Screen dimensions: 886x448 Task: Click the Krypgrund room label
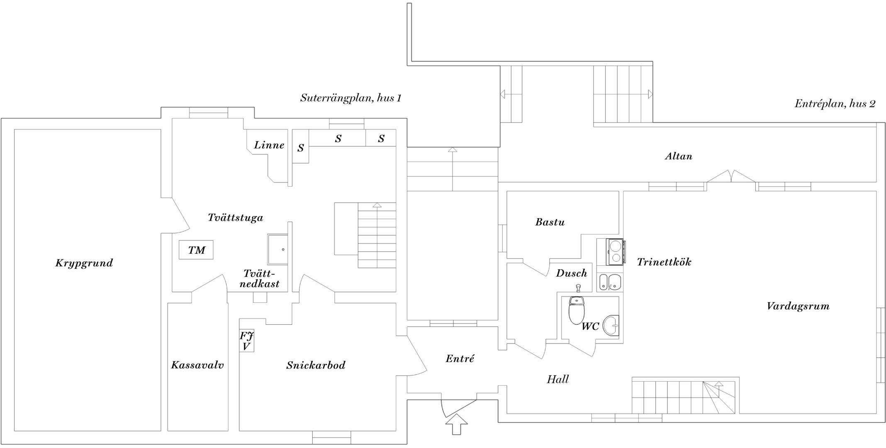click(84, 263)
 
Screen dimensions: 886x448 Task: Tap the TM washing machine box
click(196, 250)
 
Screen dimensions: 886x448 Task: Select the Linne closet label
click(269, 145)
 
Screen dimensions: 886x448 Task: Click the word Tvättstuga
click(235, 218)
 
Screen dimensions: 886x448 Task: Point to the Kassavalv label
click(197, 365)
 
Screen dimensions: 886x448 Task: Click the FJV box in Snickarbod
click(246, 341)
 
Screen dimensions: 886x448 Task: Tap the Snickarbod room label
click(316, 365)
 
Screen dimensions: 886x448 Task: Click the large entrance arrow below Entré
click(456, 424)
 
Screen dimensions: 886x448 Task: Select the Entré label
click(460, 359)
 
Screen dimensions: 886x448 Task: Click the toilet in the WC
click(577, 310)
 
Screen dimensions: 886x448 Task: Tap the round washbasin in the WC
click(611, 325)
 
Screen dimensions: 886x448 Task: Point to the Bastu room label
click(550, 222)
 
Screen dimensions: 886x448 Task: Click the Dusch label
click(572, 273)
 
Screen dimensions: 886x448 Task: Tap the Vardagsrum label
click(798, 307)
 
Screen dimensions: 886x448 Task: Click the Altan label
click(679, 156)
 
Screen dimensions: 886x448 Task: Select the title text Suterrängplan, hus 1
click(351, 98)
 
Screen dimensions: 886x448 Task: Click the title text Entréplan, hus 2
click(835, 104)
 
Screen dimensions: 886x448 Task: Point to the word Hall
click(558, 379)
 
